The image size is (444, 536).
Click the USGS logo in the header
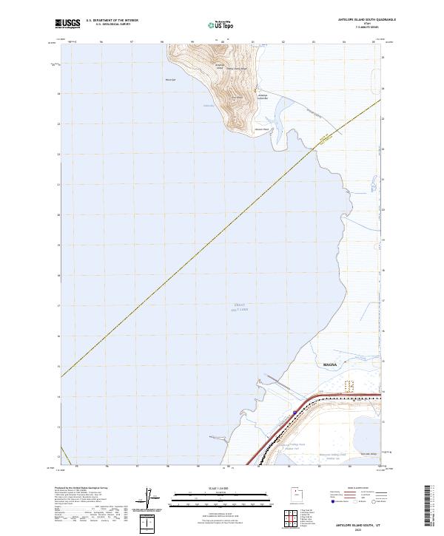click(66, 24)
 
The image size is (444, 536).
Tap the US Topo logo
click(221, 24)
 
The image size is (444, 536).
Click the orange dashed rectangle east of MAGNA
click(351, 385)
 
